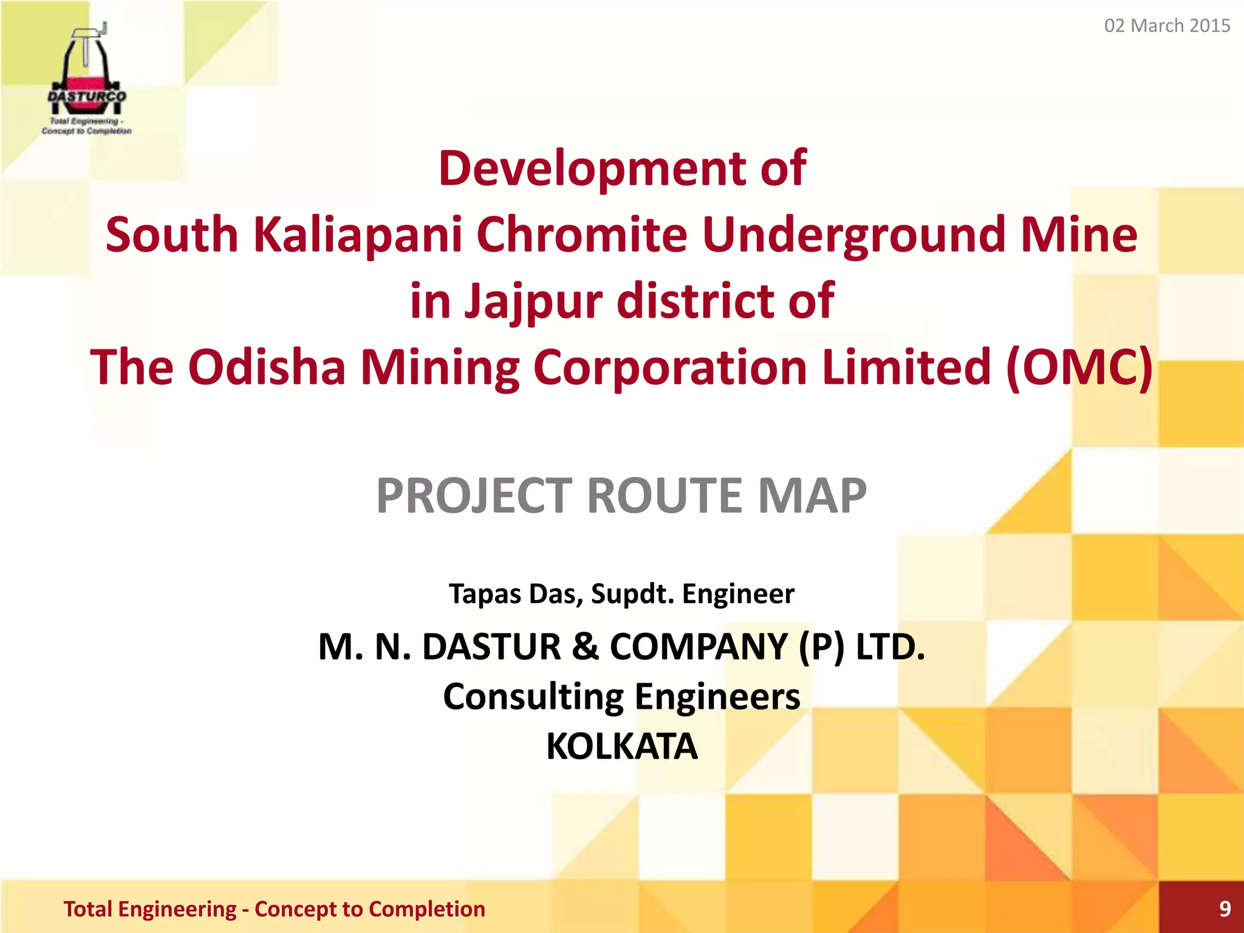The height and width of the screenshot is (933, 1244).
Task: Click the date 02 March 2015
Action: click(x=1167, y=26)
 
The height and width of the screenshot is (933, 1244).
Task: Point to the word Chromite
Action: click(x=582, y=234)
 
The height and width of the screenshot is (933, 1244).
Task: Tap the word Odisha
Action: click(x=267, y=367)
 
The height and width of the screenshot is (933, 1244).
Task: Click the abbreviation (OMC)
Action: click(x=1079, y=367)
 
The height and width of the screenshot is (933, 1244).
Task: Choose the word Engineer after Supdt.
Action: click(x=738, y=593)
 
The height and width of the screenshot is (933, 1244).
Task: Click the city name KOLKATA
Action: click(x=621, y=746)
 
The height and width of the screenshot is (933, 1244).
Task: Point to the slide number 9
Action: click(x=1225, y=909)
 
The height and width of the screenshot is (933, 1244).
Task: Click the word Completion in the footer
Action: click(x=427, y=909)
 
